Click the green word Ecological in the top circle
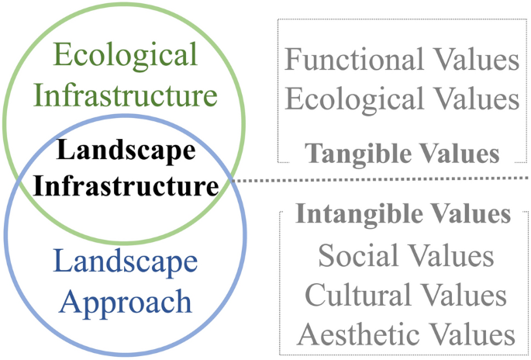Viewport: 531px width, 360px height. [126, 57]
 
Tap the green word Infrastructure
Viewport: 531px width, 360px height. [126, 96]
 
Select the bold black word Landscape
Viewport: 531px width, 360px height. [126, 151]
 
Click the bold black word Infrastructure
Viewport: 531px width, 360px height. [126, 186]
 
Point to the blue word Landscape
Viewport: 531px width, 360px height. [126, 262]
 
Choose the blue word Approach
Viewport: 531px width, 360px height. [126, 301]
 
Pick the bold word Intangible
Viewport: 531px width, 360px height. [350, 213]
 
